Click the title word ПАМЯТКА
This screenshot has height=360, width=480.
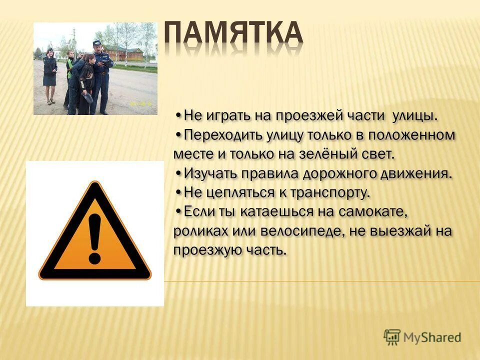pyautogui.click(x=233, y=34)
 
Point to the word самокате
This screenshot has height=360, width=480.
pyautogui.click(x=375, y=211)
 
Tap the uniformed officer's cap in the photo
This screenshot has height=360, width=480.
pyautogui.click(x=97, y=43)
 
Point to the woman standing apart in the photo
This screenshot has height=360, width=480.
pyautogui.click(x=49, y=75)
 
